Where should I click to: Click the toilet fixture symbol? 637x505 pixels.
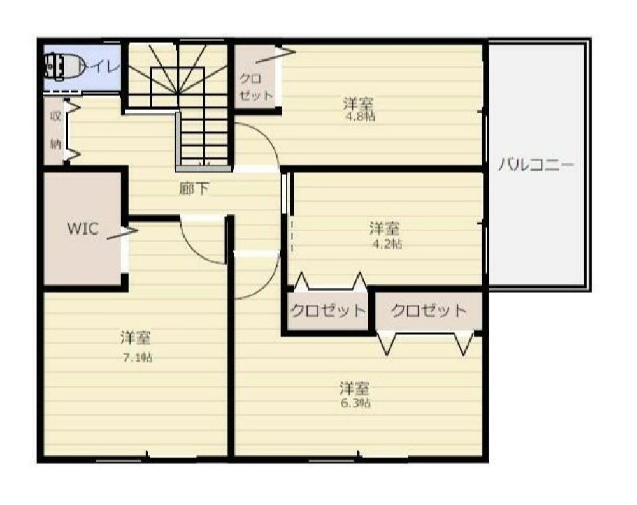64,66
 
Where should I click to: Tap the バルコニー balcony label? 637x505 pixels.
536,165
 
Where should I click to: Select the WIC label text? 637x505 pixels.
83,228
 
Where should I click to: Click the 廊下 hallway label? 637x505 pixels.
194,189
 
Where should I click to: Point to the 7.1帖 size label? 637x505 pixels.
138,358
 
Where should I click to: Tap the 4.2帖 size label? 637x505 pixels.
387,244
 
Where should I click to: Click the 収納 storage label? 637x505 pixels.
55,129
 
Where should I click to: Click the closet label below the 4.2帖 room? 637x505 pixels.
328,311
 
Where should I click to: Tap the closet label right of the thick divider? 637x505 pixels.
429,311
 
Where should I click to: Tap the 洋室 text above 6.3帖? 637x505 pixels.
355,388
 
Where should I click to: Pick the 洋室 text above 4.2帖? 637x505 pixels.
384,228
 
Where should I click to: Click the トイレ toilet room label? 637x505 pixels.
100,66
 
